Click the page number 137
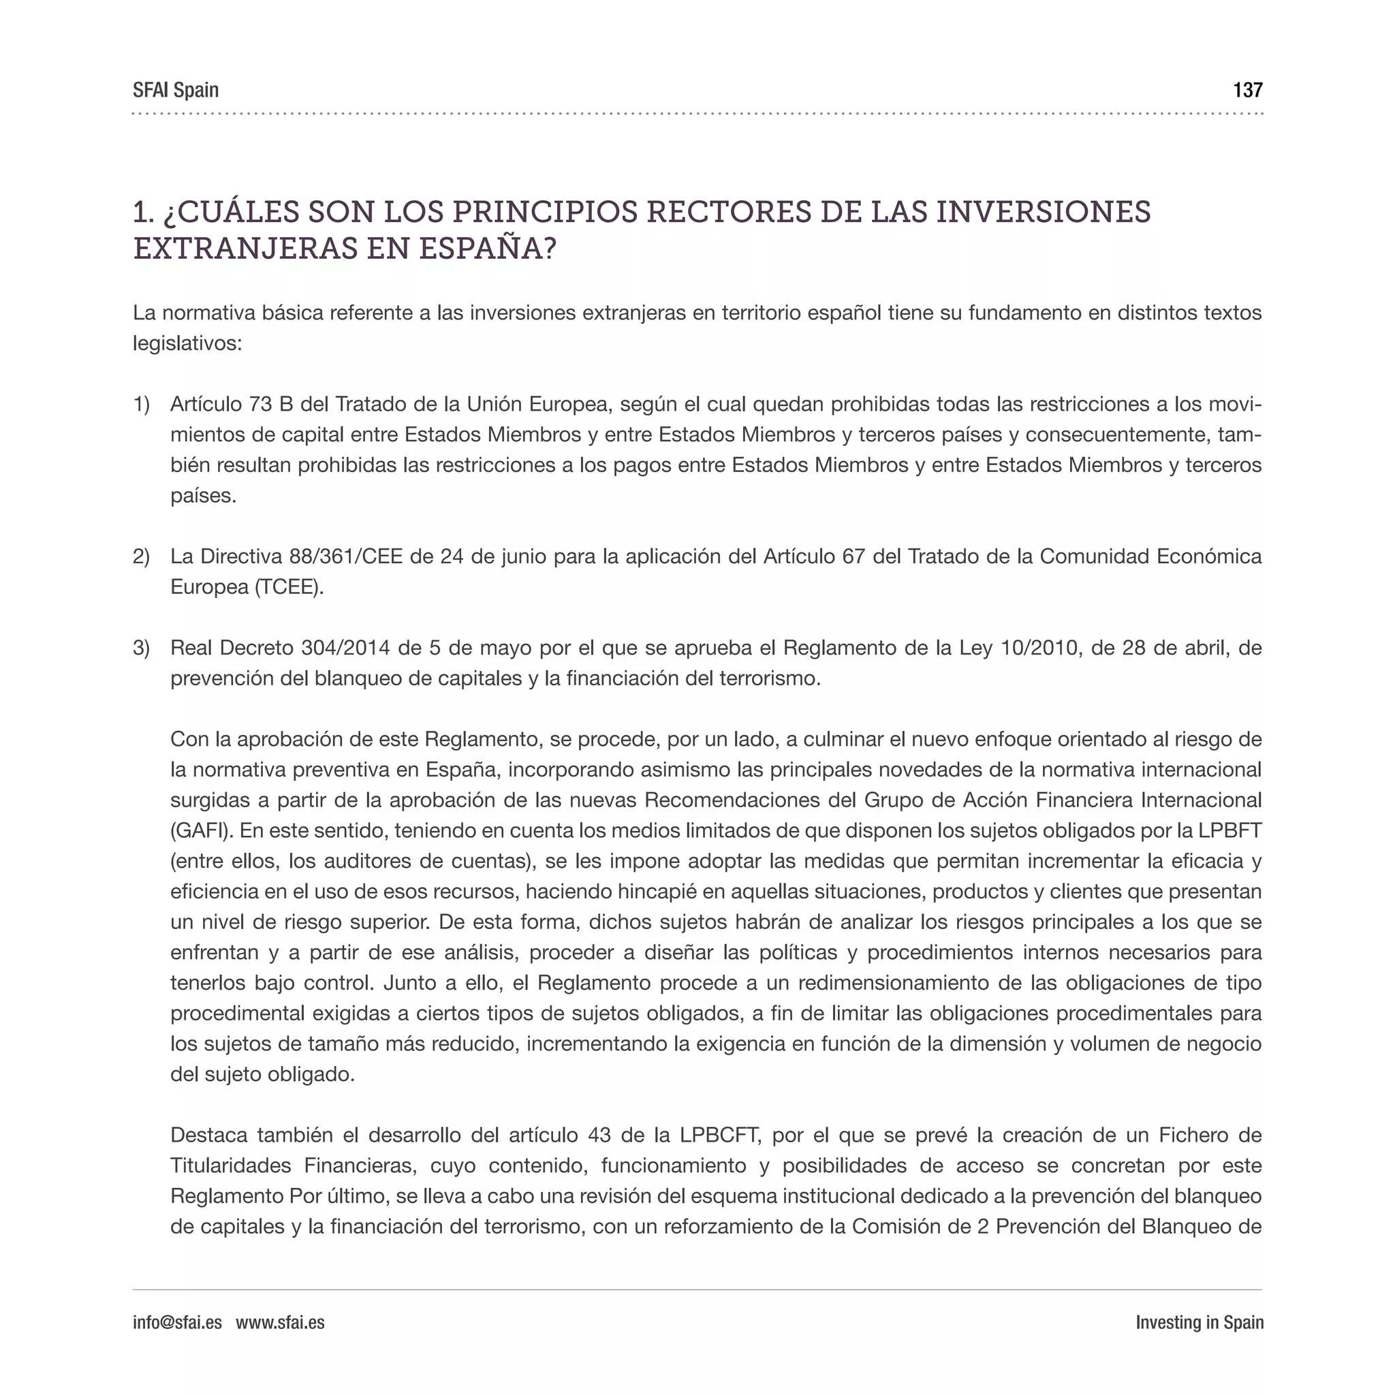[1247, 91]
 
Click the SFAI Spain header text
[176, 91]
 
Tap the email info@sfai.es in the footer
[177, 1322]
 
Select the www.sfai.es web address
[280, 1322]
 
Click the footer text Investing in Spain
[1199, 1322]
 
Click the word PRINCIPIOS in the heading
[544, 213]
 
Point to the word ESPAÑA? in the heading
[488, 249]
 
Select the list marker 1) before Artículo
[141, 405]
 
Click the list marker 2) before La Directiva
[141, 557]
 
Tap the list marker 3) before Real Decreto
[141, 648]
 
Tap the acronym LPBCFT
[720, 1135]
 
